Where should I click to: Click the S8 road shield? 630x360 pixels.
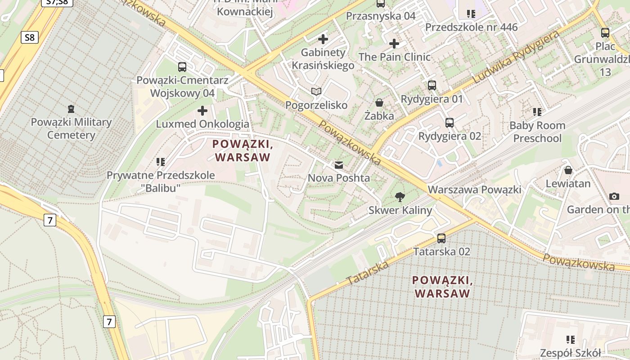(x=29, y=37)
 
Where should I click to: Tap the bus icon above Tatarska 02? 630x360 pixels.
(x=441, y=238)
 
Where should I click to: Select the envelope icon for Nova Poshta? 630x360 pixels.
(x=338, y=165)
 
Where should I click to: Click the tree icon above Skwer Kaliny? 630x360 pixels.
(x=399, y=197)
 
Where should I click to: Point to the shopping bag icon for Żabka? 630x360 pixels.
(x=379, y=103)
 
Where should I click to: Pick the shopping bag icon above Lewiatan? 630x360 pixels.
(x=568, y=170)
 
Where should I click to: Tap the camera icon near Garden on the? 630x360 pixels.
(x=614, y=196)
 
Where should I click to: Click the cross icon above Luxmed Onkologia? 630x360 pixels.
(x=202, y=110)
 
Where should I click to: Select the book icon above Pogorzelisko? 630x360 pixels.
(x=316, y=92)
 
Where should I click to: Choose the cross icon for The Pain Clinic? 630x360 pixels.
(x=394, y=44)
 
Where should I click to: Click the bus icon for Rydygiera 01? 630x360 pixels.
(x=432, y=85)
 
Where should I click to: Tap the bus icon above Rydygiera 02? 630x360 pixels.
(x=449, y=122)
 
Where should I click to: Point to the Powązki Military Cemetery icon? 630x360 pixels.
(x=71, y=108)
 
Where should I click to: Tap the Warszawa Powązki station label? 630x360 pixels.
(x=474, y=189)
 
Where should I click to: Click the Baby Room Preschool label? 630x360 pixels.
(x=537, y=131)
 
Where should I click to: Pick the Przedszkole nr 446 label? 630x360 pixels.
(x=471, y=27)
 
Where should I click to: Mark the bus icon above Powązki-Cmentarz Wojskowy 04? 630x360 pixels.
(x=182, y=67)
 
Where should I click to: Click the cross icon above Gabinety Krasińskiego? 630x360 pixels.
(x=323, y=39)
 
